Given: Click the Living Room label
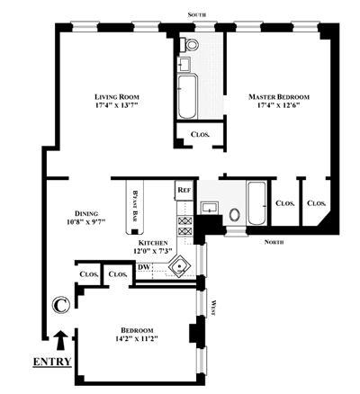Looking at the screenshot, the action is tap(117, 97).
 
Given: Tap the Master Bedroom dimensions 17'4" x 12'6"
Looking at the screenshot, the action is tap(279, 105).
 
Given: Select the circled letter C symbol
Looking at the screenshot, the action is tap(61, 305).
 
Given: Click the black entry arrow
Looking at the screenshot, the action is tap(61, 340).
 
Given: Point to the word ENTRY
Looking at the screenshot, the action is tap(52, 362).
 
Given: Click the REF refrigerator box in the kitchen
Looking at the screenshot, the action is tap(184, 190).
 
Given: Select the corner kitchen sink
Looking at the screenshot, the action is tap(179, 266).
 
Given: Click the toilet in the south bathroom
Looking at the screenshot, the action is tap(190, 44).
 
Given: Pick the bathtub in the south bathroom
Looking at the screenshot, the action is tap(187, 96).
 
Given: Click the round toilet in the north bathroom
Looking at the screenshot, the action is tap(235, 215).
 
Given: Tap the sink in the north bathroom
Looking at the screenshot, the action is tap(210, 208).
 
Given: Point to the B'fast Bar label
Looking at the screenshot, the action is tap(135, 206).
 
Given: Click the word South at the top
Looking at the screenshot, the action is tap(197, 14).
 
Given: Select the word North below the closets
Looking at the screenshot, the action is tap(274, 242).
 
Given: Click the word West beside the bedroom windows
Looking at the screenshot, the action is tap(213, 308).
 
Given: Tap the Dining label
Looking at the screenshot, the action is tap(86, 213).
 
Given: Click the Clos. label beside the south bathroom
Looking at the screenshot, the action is tap(201, 134).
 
